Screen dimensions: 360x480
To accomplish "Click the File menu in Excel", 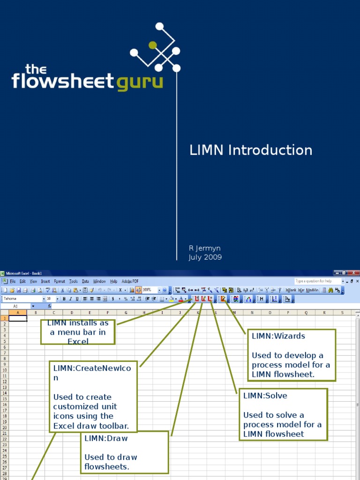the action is click(x=13, y=281).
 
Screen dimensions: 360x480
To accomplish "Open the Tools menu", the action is click(x=74, y=281).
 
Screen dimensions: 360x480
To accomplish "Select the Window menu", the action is click(x=99, y=281).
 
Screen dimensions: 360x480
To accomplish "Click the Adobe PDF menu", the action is click(x=130, y=281).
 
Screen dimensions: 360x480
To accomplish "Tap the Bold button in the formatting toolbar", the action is click(x=64, y=299).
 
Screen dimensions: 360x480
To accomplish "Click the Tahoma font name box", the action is click(x=22, y=299).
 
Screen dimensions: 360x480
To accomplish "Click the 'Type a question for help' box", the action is click(x=317, y=281).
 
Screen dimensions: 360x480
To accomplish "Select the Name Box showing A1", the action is click(x=16, y=306).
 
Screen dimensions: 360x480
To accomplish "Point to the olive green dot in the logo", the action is click(x=152, y=45).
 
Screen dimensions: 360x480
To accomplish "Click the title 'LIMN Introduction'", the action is click(x=251, y=150).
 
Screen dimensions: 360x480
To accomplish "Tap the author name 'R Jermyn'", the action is click(x=205, y=248).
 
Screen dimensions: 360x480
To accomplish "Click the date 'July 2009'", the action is click(x=205, y=257).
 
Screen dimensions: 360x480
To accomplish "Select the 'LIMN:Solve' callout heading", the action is click(x=265, y=396).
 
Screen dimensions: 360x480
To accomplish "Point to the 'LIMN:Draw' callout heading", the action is click(x=106, y=438).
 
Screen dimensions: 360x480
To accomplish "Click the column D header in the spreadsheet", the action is click(x=72, y=313).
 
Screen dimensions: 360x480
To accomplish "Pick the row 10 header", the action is click(x=4, y=369).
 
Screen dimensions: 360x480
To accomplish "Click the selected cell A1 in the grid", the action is click(x=18, y=318).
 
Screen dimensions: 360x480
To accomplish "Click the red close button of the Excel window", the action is click(x=355, y=273).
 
